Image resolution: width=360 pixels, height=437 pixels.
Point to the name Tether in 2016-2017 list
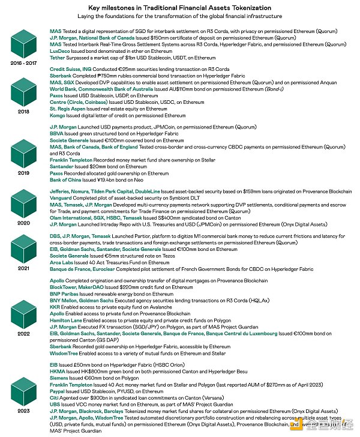(57, 58)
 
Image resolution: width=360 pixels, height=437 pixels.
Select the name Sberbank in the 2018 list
(61, 77)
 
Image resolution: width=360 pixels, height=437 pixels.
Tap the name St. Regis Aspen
(66, 109)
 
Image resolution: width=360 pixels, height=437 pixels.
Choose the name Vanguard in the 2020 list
(62, 198)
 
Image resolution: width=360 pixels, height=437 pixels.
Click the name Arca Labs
(61, 262)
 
